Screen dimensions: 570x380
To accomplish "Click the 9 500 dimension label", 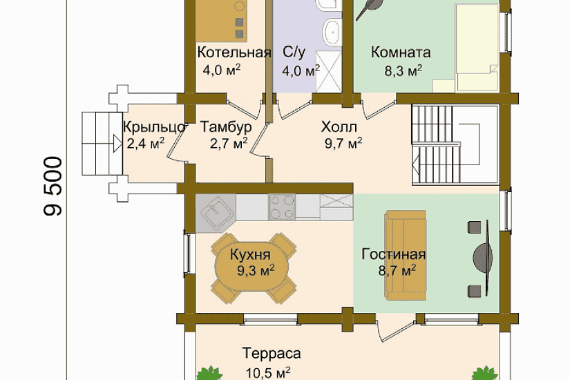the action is (x=53, y=186).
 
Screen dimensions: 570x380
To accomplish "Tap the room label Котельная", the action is (x=234, y=53).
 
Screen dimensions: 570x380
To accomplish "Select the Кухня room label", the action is (x=251, y=254).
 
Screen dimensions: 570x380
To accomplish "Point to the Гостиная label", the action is (x=393, y=254).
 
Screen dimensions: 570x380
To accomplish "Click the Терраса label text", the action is (x=272, y=354).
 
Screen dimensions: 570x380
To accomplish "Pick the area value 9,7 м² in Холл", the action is (x=343, y=143).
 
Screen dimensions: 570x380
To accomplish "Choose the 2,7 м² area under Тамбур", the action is (x=229, y=143).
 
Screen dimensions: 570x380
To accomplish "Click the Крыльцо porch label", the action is (x=155, y=127).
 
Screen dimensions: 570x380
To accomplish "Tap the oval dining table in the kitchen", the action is (x=251, y=269).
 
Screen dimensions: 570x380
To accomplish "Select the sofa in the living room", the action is (x=406, y=255).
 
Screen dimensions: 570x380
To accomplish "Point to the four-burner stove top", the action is (x=281, y=207).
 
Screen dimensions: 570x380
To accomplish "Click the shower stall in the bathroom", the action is (x=329, y=71).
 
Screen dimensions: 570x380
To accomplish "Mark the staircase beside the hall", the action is (x=455, y=144).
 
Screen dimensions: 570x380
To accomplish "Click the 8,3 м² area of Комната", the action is (x=403, y=70).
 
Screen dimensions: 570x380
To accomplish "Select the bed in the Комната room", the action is (x=477, y=47).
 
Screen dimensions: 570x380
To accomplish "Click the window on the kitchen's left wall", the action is (x=188, y=253).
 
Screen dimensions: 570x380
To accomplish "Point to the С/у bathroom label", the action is (x=294, y=53).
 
